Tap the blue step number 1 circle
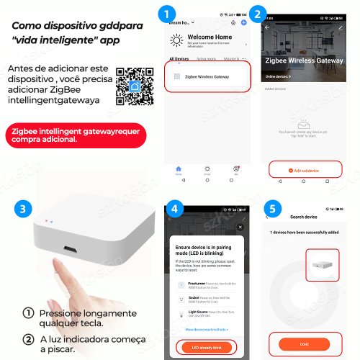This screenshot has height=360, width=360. click(168, 14)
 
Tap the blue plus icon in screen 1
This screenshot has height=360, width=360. click(245, 23)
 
